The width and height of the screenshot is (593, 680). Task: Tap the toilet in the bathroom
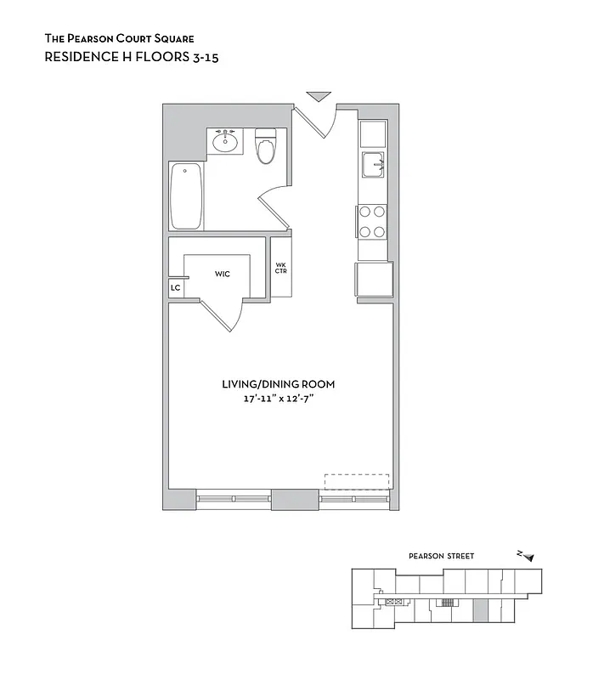click(x=266, y=148)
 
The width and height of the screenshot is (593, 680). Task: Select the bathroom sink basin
click(x=225, y=141)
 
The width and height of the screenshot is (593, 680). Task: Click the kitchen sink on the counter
click(x=373, y=164)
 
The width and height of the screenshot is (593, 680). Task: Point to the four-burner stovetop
click(x=372, y=221)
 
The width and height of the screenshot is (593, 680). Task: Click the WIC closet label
click(x=222, y=274)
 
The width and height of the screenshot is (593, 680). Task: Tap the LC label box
click(x=176, y=288)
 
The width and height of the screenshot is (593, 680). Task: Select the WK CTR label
click(x=280, y=268)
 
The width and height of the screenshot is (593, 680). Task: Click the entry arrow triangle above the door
click(x=318, y=95)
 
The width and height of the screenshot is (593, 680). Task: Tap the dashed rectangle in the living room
click(x=356, y=481)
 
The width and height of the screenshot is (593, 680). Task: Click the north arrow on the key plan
click(x=527, y=556)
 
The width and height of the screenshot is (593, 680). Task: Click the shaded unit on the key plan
click(x=480, y=609)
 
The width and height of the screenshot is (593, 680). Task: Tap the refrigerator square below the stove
click(x=374, y=280)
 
